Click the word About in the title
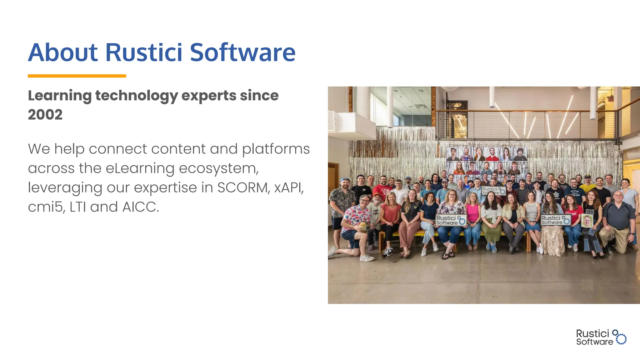[x=63, y=52]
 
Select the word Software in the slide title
[x=242, y=52]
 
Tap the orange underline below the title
[x=77, y=76]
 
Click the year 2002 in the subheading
[x=45, y=115]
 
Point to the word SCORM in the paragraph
[x=243, y=188]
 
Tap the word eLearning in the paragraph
[x=140, y=168]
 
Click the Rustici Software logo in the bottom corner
[x=601, y=337]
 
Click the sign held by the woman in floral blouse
[x=451, y=220]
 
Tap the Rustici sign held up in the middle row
[x=493, y=190]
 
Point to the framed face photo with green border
[x=587, y=221]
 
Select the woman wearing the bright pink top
[x=473, y=212]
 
